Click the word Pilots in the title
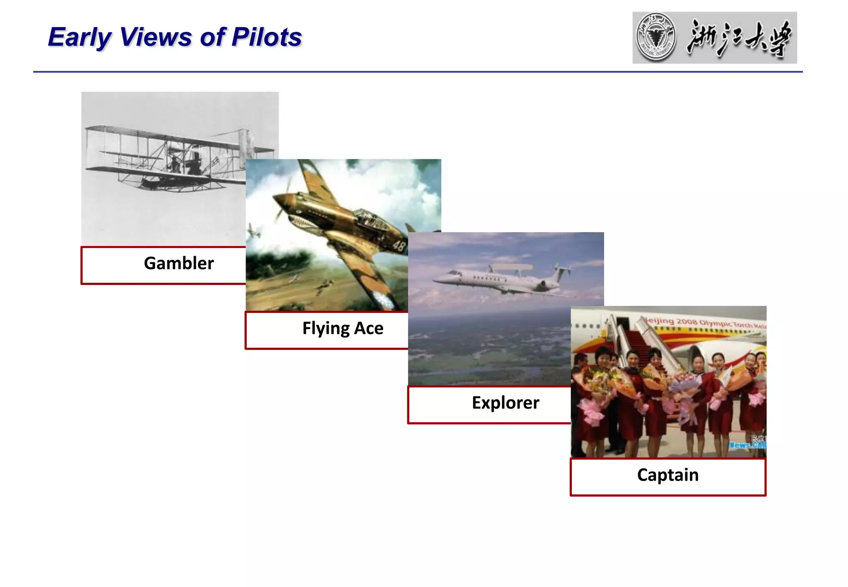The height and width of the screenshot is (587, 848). (267, 37)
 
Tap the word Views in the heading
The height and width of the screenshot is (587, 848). (156, 37)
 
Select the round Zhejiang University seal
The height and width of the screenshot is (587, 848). (656, 37)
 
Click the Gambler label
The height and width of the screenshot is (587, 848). (178, 264)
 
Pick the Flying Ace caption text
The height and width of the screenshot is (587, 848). (342, 329)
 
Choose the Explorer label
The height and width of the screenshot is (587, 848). (505, 403)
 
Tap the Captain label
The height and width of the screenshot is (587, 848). (667, 475)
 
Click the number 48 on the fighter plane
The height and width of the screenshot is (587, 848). (399, 246)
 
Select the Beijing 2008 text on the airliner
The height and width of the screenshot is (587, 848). (679, 322)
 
